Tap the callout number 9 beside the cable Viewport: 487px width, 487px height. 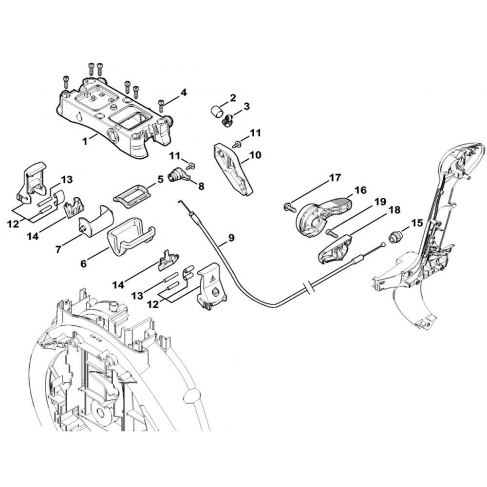click(x=230, y=238)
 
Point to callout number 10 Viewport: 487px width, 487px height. click(x=255, y=156)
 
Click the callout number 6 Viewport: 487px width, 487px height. click(x=83, y=263)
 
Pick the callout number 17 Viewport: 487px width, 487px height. click(x=335, y=178)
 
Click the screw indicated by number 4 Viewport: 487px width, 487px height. click(x=161, y=102)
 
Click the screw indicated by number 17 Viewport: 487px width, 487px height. click(x=289, y=207)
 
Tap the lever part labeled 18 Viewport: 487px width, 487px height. click(x=336, y=246)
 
